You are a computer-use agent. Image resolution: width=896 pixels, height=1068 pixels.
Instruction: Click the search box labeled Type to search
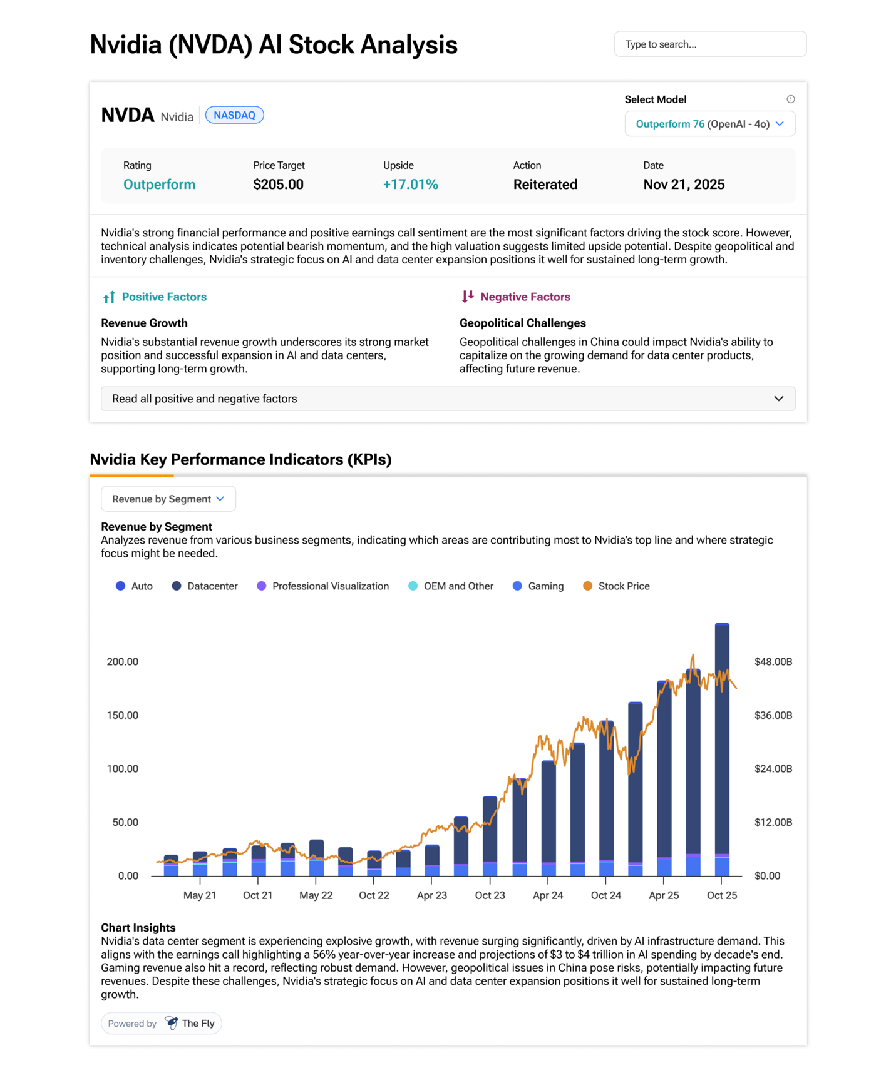[x=710, y=44]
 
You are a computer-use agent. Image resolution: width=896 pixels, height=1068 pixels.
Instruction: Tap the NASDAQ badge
[x=235, y=115]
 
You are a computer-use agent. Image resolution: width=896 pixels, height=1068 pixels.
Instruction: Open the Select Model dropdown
[x=710, y=124]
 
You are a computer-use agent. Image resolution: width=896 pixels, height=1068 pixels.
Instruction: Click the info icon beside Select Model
[x=791, y=99]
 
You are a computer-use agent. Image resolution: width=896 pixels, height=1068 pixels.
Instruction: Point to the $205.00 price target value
[x=278, y=185]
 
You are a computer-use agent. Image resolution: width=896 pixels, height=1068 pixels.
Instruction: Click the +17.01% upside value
[x=411, y=185]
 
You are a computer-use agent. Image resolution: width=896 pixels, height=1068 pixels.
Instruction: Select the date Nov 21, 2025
[x=684, y=185]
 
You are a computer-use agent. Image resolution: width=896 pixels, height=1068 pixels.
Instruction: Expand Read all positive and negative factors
[x=448, y=399]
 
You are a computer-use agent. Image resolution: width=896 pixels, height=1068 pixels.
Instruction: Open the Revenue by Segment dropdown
[x=168, y=499]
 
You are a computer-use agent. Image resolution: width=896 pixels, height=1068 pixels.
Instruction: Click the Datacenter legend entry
[x=205, y=586]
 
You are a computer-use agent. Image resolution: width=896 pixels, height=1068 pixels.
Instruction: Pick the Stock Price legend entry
[x=616, y=586]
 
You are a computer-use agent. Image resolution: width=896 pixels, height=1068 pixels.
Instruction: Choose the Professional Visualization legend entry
[x=323, y=586]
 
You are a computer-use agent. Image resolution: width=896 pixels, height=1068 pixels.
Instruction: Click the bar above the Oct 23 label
[x=490, y=836]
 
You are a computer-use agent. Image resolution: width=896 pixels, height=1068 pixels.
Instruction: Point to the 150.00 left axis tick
[x=123, y=715]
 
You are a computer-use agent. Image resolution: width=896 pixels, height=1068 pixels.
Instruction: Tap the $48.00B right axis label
[x=773, y=662]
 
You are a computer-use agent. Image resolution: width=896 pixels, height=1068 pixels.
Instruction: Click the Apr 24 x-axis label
[x=548, y=895]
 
